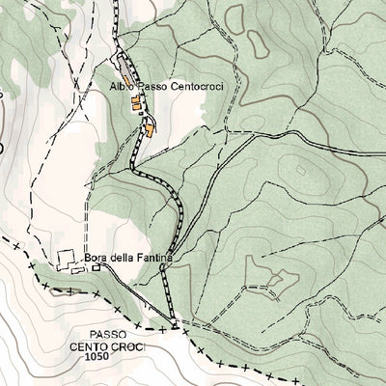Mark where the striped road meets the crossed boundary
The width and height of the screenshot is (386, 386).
pos(175,324)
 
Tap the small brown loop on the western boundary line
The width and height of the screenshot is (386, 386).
pos(3,147)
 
